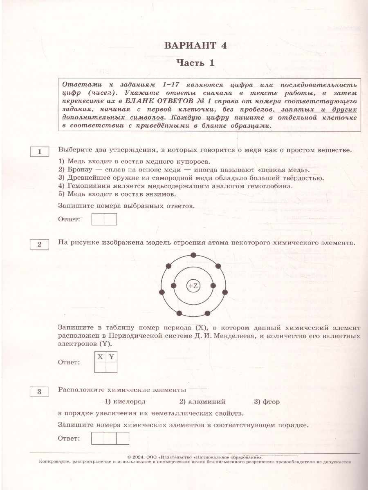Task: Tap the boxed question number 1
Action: point(40,152)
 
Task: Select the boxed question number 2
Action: point(40,244)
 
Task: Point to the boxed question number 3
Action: point(40,392)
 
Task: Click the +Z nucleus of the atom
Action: point(193,286)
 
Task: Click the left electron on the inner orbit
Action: point(174,286)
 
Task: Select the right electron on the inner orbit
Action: point(213,286)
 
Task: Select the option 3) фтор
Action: point(267,401)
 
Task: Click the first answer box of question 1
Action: point(98,219)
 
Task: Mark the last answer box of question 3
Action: point(123,438)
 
